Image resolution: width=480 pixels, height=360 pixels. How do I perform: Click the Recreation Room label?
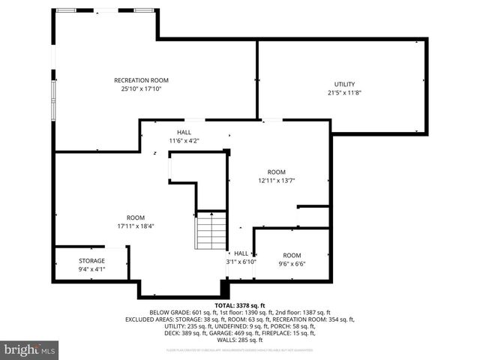pos(141,80)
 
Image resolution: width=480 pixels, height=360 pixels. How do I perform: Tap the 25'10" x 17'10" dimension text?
pos(141,88)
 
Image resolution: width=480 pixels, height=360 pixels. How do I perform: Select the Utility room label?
pos(344,84)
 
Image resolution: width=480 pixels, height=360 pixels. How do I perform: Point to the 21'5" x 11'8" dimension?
pos(344,92)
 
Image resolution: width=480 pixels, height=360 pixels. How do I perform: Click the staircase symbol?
pos(211,231)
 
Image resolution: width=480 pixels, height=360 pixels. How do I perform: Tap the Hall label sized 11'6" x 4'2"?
pos(184,132)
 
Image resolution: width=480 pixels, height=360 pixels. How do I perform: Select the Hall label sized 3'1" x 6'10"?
pos(241,253)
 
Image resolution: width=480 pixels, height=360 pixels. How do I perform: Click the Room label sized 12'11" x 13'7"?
pos(277,171)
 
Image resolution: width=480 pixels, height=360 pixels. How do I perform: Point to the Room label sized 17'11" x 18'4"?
pos(135,217)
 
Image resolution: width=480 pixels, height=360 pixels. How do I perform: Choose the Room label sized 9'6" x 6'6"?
pos(291,255)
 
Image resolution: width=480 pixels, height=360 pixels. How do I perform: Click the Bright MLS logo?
pos(30,349)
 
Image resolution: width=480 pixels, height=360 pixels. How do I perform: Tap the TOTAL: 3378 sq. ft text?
pos(240,306)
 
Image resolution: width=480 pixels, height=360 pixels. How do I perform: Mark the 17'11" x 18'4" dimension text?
pos(135,226)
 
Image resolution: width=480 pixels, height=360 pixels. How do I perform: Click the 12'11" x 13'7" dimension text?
pos(277,180)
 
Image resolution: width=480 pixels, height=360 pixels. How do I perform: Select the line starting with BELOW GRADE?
pos(240,313)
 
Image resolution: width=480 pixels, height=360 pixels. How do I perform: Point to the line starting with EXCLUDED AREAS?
pos(240,319)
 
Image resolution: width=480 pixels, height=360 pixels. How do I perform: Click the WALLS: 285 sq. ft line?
pos(240,340)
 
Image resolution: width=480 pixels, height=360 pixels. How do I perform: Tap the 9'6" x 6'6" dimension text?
pos(291,263)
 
